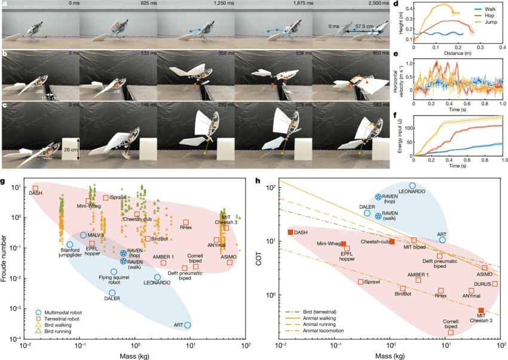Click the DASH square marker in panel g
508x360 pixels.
[x=35, y=188]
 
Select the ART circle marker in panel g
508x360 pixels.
[x=188, y=325]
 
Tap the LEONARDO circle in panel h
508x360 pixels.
[x=412, y=186]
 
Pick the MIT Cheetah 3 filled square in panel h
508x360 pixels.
[x=481, y=310]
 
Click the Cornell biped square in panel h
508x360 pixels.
[x=451, y=332]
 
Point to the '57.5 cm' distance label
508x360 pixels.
[x=359, y=27]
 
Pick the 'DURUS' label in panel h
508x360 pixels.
[x=483, y=276]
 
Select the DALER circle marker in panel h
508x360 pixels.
[x=367, y=213]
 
